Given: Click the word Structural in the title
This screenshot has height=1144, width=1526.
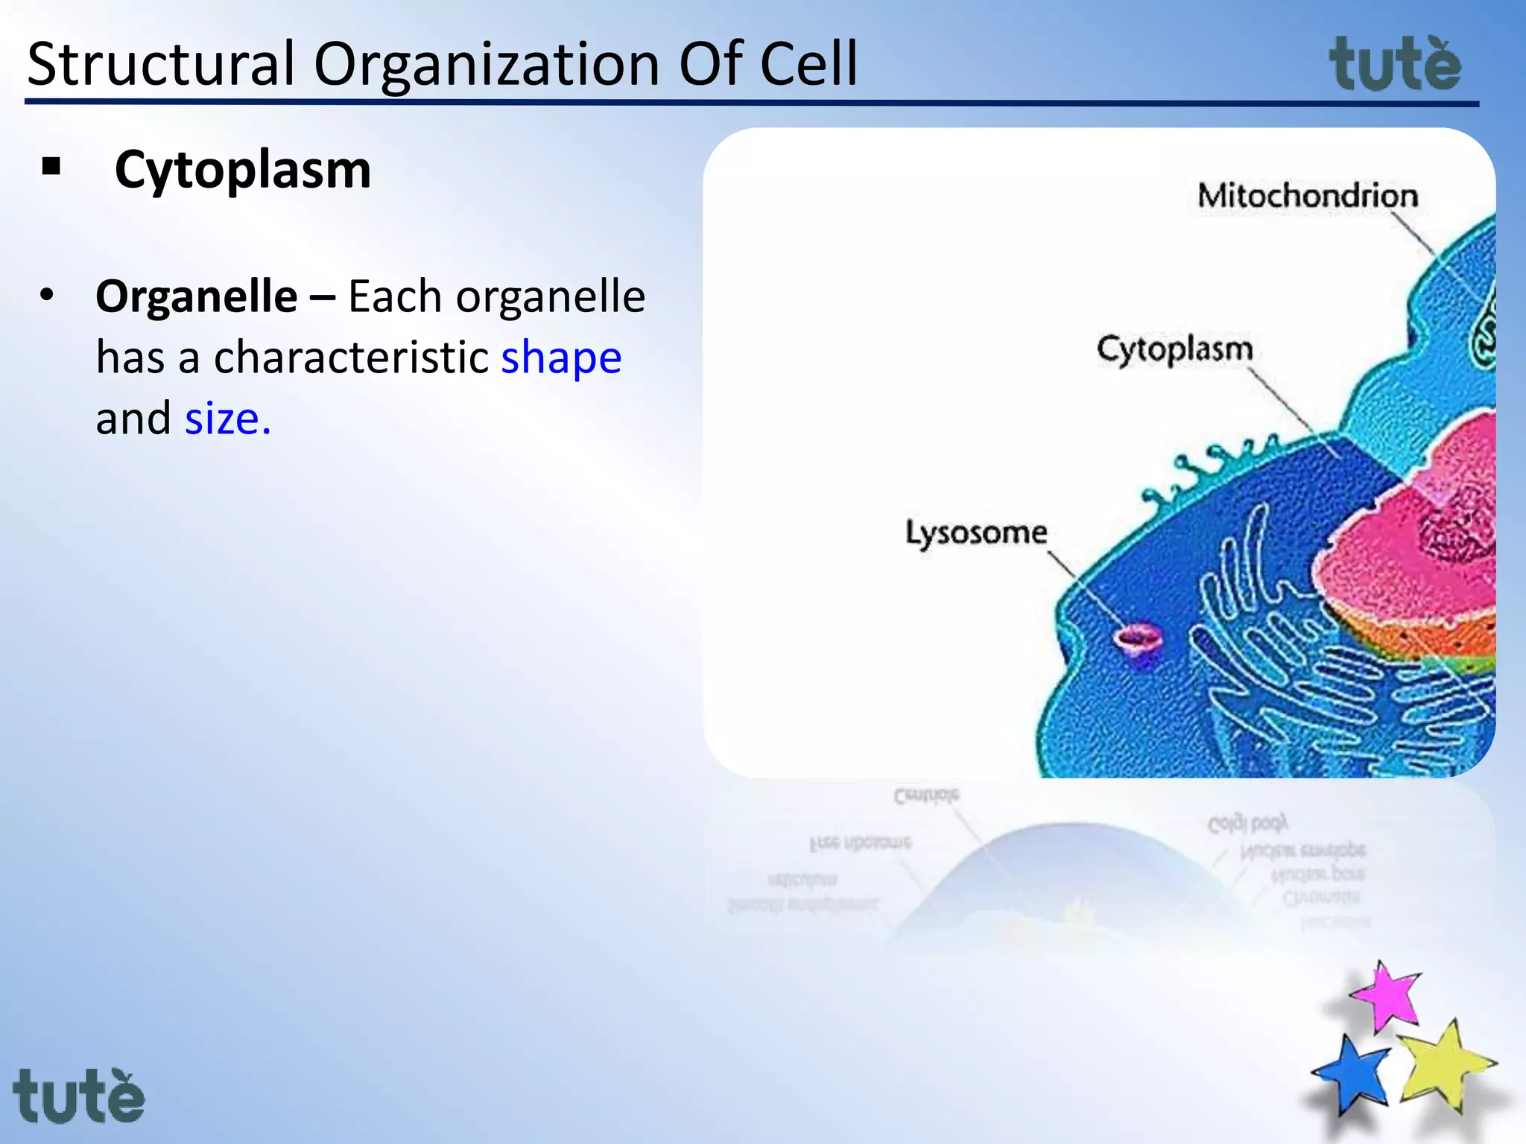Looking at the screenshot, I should [x=161, y=64].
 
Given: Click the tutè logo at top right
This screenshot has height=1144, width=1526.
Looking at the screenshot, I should [x=1395, y=66].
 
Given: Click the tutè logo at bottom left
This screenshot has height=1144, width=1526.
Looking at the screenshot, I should [x=79, y=1096].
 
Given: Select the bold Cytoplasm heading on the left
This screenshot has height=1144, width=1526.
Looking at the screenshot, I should [x=243, y=170].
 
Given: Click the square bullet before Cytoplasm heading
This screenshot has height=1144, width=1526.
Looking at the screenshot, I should [x=51, y=166].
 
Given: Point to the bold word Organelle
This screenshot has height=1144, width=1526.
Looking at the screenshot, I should [x=197, y=296].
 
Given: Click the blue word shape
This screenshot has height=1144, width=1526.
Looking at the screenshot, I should [x=561, y=357].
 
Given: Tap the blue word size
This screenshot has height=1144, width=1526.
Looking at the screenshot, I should [x=227, y=419].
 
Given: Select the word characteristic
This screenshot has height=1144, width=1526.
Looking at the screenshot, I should [x=350, y=357].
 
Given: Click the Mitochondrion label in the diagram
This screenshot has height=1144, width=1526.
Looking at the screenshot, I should [x=1308, y=196].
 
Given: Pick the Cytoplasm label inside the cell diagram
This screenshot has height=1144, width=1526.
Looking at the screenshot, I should [x=1175, y=349].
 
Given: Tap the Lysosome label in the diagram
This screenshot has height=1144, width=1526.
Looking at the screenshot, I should [x=976, y=533].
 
